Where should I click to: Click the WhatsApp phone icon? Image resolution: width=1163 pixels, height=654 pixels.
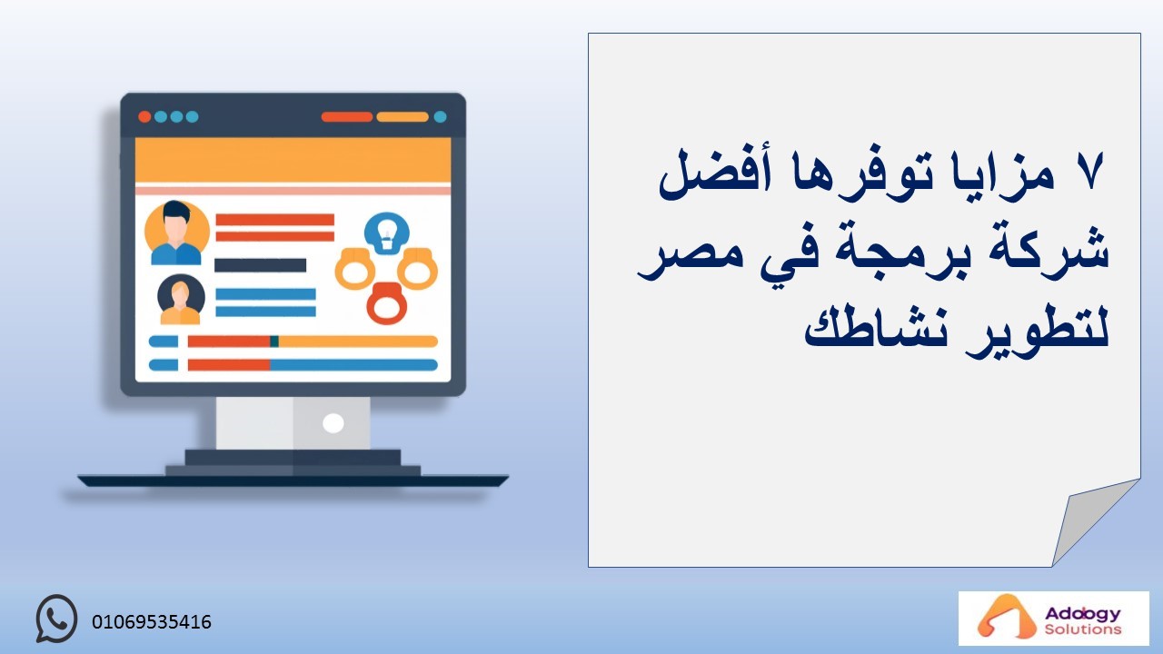pyautogui.click(x=56, y=619)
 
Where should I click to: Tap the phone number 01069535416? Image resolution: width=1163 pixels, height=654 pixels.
pyautogui.click(x=152, y=622)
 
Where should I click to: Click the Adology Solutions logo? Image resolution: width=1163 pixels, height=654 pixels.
pyautogui.click(x=1053, y=619)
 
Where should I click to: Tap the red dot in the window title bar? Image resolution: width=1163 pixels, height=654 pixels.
pyautogui.click(x=144, y=117)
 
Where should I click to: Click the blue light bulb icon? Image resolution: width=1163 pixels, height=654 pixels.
pyautogui.click(x=387, y=233)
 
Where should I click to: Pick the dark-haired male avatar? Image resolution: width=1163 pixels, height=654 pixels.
pyautogui.click(x=176, y=233)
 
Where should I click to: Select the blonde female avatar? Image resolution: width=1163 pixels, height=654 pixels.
pyautogui.click(x=181, y=299)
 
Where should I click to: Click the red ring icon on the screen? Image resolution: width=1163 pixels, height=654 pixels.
pyautogui.click(x=386, y=303)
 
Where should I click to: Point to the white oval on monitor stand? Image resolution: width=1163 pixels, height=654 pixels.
pyautogui.click(x=333, y=423)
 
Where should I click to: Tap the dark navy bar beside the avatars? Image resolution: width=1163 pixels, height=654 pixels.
pyautogui.click(x=260, y=265)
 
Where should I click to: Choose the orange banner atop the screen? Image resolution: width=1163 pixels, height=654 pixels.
pyautogui.click(x=293, y=160)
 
